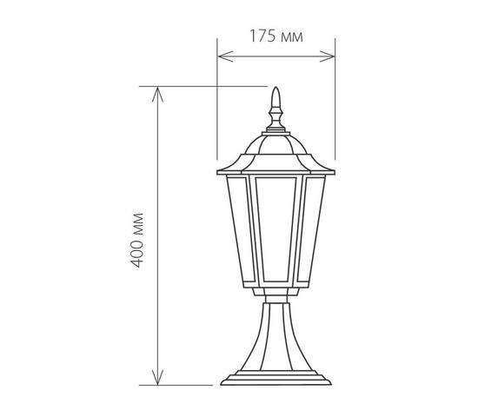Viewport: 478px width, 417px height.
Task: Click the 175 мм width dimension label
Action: coord(276,36)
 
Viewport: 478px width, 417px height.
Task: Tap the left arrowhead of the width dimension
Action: coord(226,56)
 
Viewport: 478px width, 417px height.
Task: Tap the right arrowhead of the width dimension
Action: coord(327,56)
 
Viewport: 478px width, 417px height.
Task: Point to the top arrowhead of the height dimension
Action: coord(157,95)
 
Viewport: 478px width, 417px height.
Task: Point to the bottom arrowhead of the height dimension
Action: coord(157,377)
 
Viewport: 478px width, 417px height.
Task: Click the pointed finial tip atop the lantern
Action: coord(276,88)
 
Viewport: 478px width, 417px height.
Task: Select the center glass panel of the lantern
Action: coord(276,228)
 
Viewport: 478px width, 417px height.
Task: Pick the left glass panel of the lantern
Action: coord(241,228)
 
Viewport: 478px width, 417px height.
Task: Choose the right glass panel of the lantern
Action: coord(311,228)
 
